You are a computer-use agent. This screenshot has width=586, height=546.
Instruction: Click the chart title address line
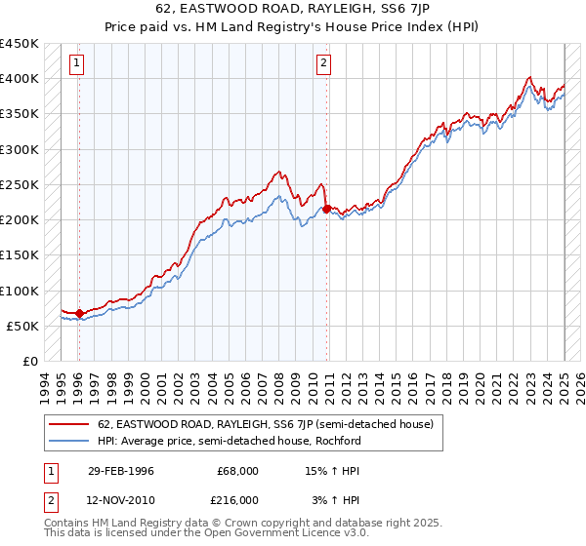(x=292, y=11)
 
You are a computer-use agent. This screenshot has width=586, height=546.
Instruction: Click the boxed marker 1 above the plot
(x=77, y=64)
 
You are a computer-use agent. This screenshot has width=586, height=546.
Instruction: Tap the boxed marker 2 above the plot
(x=323, y=64)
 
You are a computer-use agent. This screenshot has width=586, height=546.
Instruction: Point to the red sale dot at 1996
(x=79, y=313)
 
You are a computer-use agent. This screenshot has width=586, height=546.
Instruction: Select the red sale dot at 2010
(x=326, y=209)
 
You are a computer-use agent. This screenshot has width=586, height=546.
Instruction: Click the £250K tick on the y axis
(x=20, y=184)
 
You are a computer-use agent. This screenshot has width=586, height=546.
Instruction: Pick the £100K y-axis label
(x=20, y=291)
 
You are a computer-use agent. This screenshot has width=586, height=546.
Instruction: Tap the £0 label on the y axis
(x=29, y=361)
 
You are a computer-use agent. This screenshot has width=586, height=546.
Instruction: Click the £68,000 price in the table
(x=237, y=471)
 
